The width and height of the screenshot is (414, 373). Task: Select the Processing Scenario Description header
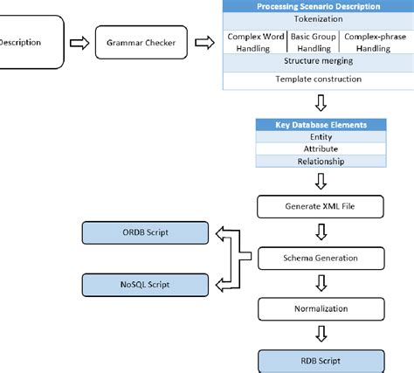[x=318, y=7]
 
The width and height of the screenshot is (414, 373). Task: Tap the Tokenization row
[x=318, y=19]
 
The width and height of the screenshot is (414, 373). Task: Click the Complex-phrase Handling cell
[x=375, y=42]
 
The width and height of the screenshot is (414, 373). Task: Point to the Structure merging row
[x=318, y=62]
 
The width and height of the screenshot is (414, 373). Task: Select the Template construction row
[x=318, y=79]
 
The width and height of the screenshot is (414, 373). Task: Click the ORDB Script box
[x=145, y=233]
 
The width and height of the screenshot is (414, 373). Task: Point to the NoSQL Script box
[x=145, y=284]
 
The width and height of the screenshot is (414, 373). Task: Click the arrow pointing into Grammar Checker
[x=79, y=42]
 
